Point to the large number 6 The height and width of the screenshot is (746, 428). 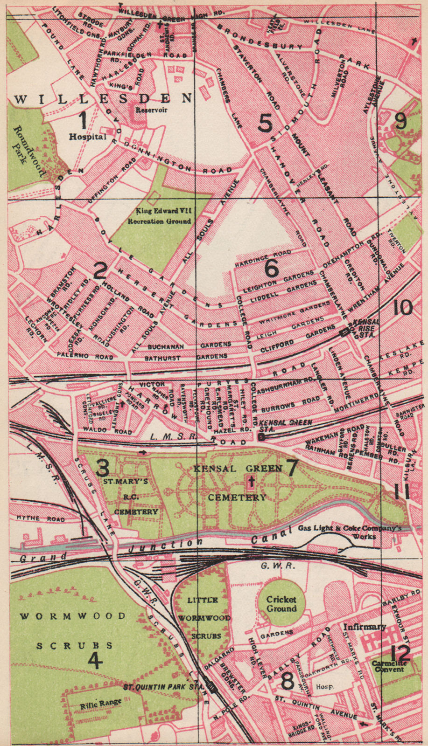pos(271,269)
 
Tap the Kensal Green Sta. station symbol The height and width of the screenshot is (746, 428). pos(261,437)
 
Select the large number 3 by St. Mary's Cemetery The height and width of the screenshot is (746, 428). pos(103,467)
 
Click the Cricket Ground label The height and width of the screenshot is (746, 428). pos(281,604)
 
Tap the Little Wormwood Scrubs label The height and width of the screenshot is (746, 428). pos(203,618)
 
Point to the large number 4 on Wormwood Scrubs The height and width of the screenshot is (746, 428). pos(95,661)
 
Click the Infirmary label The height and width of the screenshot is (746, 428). pos(365,627)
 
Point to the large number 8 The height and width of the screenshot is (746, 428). pos(288,682)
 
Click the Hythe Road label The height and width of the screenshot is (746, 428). pos(34,518)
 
